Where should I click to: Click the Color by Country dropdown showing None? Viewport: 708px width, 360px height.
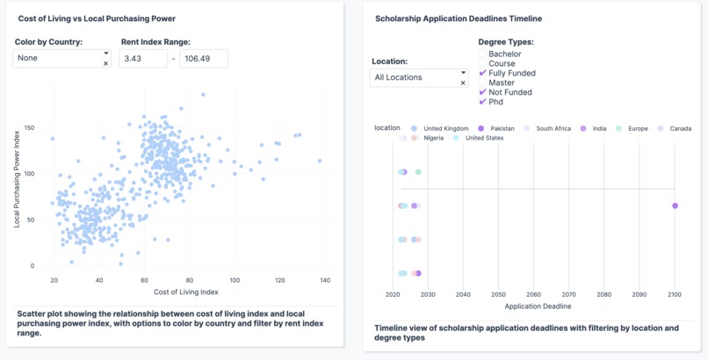[60, 58]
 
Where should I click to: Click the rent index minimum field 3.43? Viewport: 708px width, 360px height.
[142, 58]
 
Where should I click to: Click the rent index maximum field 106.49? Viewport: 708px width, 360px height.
[203, 58]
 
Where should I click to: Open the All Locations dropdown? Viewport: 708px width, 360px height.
[418, 77]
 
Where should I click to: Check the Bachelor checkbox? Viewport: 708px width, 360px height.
[482, 54]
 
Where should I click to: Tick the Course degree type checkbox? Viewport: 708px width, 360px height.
[482, 64]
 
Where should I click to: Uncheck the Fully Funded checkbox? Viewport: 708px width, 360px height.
[482, 74]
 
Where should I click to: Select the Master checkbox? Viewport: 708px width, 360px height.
[482, 83]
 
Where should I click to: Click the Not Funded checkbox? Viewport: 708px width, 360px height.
[482, 92]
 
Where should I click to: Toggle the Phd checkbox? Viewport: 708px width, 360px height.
[482, 102]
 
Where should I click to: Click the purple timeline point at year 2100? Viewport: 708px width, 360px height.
[675, 205]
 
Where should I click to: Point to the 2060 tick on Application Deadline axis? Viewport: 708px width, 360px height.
[534, 295]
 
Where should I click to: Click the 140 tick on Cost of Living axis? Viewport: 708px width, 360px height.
[325, 280]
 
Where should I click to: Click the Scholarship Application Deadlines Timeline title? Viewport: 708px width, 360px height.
[458, 18]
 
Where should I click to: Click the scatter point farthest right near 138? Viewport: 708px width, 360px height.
[320, 161]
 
